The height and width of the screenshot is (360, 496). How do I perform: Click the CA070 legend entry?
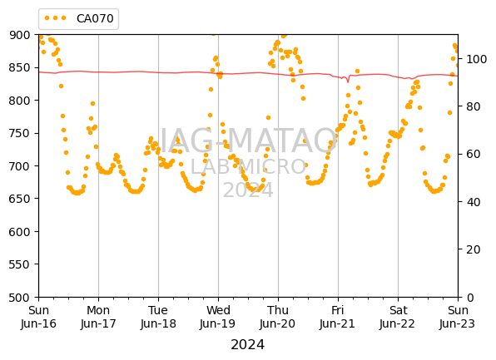[x=79, y=18]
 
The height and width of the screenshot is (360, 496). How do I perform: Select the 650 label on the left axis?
[x=20, y=199]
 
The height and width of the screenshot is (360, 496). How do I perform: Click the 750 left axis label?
[x=20, y=133]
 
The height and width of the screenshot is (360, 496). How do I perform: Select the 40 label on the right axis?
[x=473, y=202]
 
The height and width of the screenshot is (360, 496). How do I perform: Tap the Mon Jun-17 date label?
[x=98, y=317]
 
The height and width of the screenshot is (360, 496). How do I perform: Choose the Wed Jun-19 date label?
[x=218, y=317]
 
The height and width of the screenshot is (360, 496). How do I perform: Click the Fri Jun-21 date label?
[x=338, y=317]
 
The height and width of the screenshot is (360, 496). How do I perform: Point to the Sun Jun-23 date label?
[x=458, y=317]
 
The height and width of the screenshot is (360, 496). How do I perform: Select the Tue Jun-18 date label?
[x=158, y=317]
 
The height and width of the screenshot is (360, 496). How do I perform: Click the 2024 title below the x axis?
[x=248, y=345]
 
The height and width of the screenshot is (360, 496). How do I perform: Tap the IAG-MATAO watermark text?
[x=248, y=141]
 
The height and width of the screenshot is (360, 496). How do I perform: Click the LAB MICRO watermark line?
[x=248, y=167]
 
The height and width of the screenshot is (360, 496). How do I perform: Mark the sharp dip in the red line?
[x=348, y=82]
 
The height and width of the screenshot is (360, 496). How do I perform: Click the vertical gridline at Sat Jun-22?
[x=398, y=166]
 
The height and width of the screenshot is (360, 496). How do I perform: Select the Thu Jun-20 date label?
[x=278, y=317]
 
